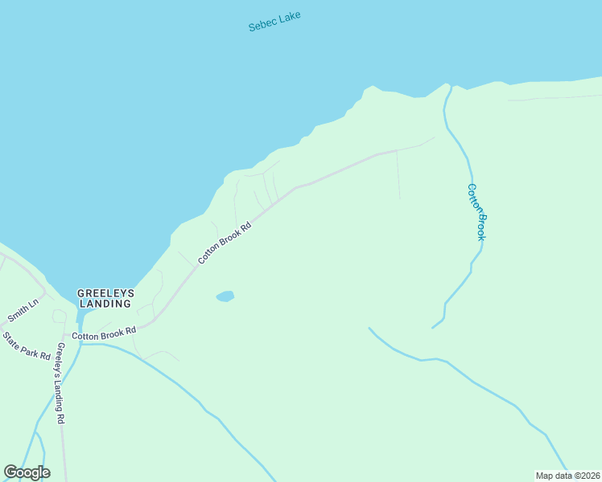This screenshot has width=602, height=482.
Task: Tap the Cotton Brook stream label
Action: [x=477, y=212]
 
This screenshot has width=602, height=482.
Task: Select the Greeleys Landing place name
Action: [x=105, y=298]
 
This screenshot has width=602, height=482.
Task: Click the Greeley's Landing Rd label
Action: [x=60, y=383]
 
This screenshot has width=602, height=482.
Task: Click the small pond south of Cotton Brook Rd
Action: [x=225, y=296]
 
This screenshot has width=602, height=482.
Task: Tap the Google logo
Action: [x=27, y=472]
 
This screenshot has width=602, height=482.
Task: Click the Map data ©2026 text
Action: [x=568, y=475]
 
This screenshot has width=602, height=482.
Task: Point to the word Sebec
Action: [x=262, y=25]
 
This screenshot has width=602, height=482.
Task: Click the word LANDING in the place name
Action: [x=105, y=304]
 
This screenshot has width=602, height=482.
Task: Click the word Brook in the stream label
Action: [x=481, y=227]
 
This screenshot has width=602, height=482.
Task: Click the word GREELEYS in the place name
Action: [x=105, y=292]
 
